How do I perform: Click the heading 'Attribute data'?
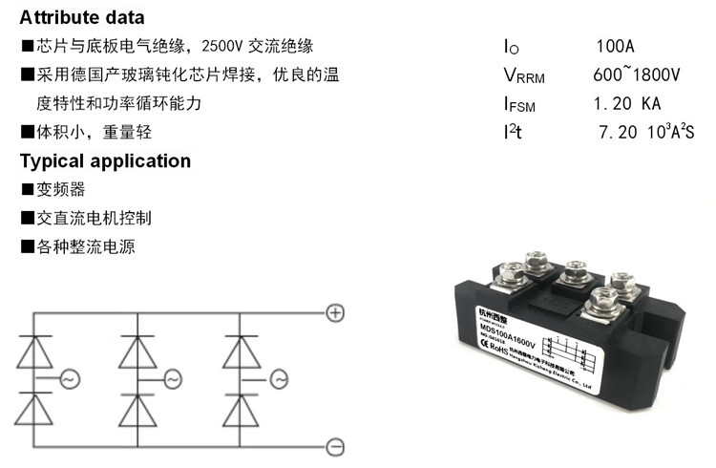[x=83, y=17]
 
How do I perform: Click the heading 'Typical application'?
[x=105, y=160]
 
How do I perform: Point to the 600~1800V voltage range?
[x=636, y=75]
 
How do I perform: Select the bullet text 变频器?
[x=60, y=189]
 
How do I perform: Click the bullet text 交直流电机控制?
[x=93, y=218]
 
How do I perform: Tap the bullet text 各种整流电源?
[x=85, y=246]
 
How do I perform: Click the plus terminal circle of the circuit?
[x=334, y=312]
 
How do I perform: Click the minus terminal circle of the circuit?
[x=334, y=446]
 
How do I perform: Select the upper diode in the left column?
[x=37, y=352]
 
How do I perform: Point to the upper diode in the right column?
[x=240, y=352]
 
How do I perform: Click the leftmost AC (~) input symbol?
[x=70, y=380]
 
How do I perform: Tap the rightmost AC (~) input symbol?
[x=278, y=380]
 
